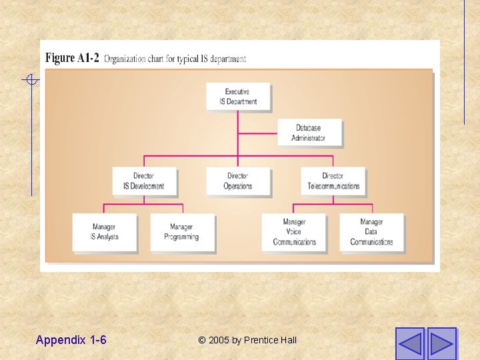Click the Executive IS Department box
click(x=238, y=97)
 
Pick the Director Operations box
click(x=238, y=181)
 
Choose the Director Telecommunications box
click(x=333, y=181)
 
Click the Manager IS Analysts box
click(x=104, y=232)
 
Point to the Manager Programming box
click(x=182, y=232)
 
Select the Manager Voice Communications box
click(x=294, y=232)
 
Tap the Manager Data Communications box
click(x=371, y=232)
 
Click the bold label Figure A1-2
click(x=72, y=58)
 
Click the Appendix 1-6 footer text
click(x=71, y=340)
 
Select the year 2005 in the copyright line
click(x=219, y=340)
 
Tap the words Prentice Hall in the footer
click(x=270, y=340)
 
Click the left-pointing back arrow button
click(x=409, y=343)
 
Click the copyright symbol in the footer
click(x=202, y=340)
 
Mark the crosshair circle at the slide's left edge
click(x=31, y=81)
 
